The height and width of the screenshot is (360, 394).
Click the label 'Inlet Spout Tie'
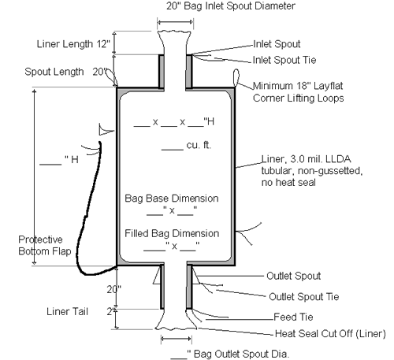coord(284,60)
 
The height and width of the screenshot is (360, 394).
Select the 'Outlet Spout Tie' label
coord(304,297)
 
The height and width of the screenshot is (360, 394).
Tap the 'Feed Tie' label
coord(293,317)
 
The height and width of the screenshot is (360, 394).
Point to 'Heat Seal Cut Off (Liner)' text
coord(330,334)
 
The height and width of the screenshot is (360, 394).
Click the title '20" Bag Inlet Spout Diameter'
coord(231,6)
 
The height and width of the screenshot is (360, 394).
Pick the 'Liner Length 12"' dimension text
coord(73,44)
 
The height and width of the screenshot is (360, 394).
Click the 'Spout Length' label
coord(54,72)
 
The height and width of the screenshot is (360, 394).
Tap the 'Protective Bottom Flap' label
coord(45,246)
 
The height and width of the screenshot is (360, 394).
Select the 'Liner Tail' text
coord(67,312)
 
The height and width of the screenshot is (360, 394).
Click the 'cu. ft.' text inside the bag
coord(199,145)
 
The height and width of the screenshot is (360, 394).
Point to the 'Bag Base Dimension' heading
coord(172,199)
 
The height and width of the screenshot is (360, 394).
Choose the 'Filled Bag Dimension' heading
coord(172,233)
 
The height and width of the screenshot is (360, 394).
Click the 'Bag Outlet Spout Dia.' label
coord(241,354)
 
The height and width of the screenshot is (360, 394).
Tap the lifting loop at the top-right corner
coord(236,78)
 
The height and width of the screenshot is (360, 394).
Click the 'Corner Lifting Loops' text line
coord(299,98)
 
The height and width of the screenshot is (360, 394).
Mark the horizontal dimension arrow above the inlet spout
coord(175,23)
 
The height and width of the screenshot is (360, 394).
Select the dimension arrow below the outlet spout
coord(177,339)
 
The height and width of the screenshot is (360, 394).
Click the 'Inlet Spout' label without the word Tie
coord(277,44)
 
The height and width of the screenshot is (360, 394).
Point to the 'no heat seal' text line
coord(288,182)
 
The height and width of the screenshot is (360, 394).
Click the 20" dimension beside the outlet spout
coord(113,289)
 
